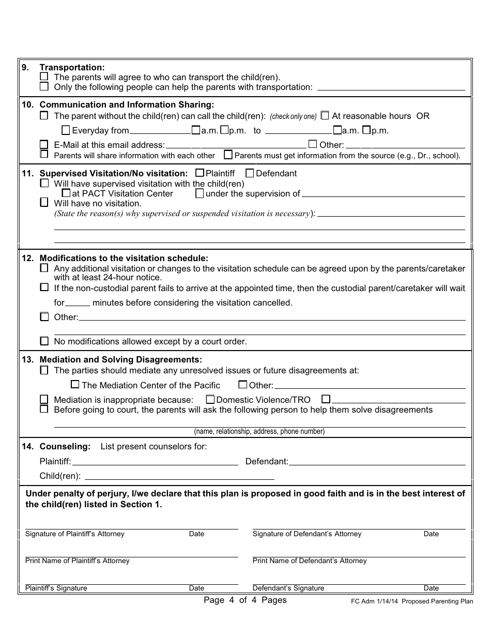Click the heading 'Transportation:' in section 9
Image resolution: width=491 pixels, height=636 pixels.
point(72,67)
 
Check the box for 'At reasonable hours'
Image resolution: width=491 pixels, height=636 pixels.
point(325,115)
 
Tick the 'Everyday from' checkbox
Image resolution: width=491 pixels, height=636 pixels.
point(66,130)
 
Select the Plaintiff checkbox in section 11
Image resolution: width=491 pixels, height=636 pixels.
point(200,173)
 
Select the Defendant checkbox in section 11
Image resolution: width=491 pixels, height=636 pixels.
point(250,173)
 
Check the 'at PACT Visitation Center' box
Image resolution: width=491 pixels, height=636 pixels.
point(66,193)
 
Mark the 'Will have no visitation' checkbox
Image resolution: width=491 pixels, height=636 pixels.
point(44,203)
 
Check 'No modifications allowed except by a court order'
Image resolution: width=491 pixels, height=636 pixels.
point(44,341)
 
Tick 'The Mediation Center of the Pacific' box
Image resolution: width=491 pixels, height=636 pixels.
point(75,385)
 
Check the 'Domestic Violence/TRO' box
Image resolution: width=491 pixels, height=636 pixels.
point(210,399)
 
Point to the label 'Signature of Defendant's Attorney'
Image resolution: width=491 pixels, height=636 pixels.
point(307,534)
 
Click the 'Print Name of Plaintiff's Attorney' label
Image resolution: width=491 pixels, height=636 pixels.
point(78,561)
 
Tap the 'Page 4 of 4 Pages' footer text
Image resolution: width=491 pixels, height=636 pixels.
point(245,600)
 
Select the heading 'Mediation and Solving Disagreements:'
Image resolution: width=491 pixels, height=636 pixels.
point(121,359)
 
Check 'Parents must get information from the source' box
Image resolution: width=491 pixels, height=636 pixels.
point(228,155)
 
